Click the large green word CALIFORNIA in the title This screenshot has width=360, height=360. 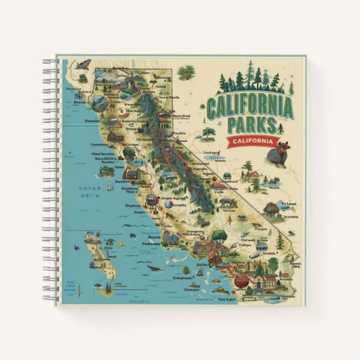tap(251, 107)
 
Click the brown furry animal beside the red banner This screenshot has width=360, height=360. tap(278, 155)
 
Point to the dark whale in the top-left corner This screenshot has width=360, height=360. tap(83, 65)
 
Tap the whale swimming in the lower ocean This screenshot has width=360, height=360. tap(155, 267)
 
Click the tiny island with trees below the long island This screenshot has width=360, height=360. tap(107, 287)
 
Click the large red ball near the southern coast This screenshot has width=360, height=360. tap(240, 279)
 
